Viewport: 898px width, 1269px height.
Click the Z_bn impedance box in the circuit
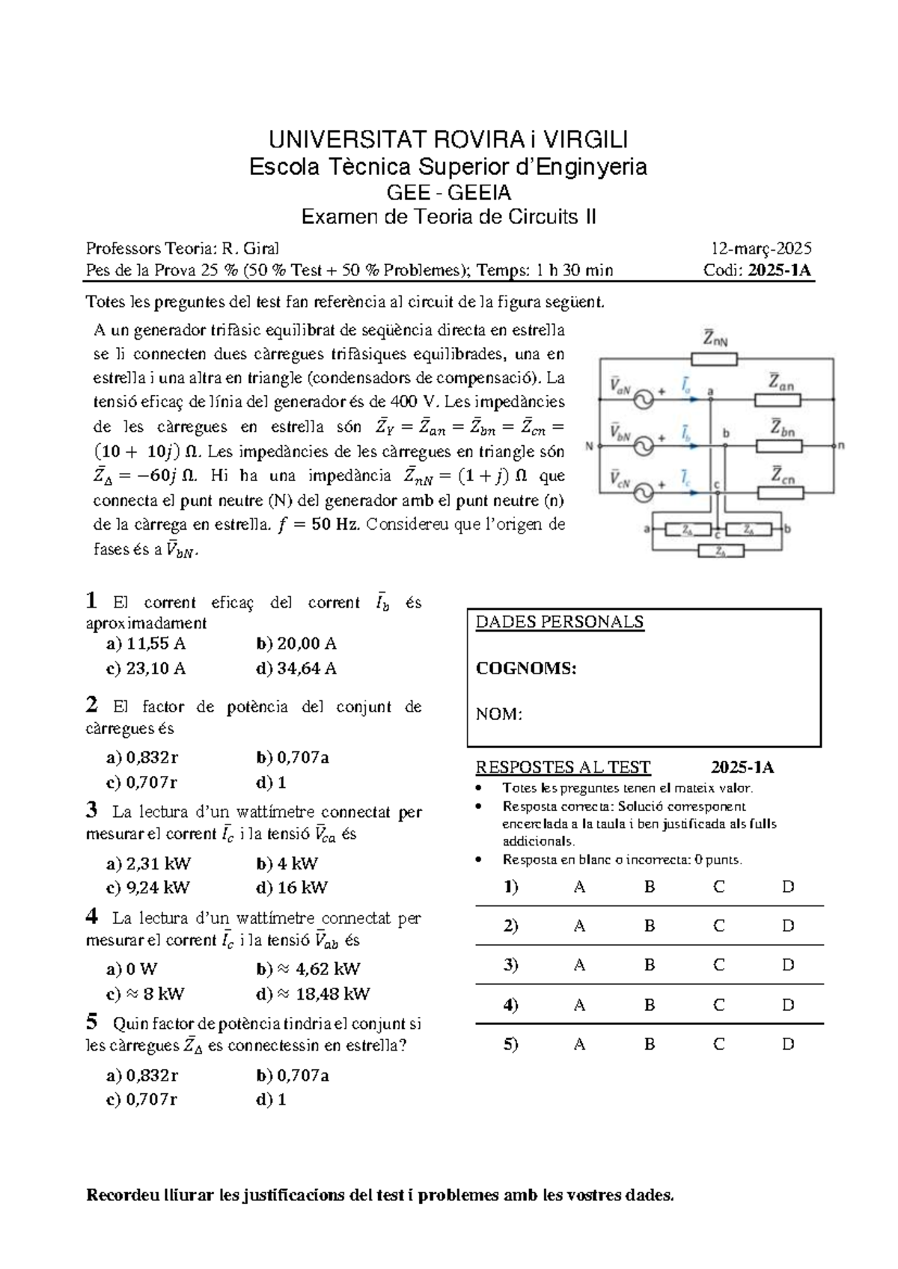pyautogui.click(x=779, y=447)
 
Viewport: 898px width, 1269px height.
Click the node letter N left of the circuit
pyautogui.click(x=589, y=447)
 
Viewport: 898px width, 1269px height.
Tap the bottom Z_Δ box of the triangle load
pyautogui.click(x=720, y=551)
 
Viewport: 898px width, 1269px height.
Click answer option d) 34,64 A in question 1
pyautogui.click(x=296, y=668)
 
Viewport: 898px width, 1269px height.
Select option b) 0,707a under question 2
pyautogui.click(x=293, y=757)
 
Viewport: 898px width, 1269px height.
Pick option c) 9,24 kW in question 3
pyautogui.click(x=148, y=887)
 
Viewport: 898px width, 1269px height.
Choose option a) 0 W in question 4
pyautogui.click(x=132, y=969)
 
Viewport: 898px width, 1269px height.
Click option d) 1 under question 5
pyautogui.click(x=271, y=1099)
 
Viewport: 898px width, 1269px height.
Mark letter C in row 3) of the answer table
pyautogui.click(x=718, y=965)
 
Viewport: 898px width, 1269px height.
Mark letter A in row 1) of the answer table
pyautogui.click(x=579, y=887)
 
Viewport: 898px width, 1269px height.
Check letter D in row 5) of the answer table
pyautogui.click(x=787, y=1044)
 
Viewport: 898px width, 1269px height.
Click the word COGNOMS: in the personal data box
pyautogui.click(x=526, y=668)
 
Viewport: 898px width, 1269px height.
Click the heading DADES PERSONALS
pyautogui.click(x=560, y=622)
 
